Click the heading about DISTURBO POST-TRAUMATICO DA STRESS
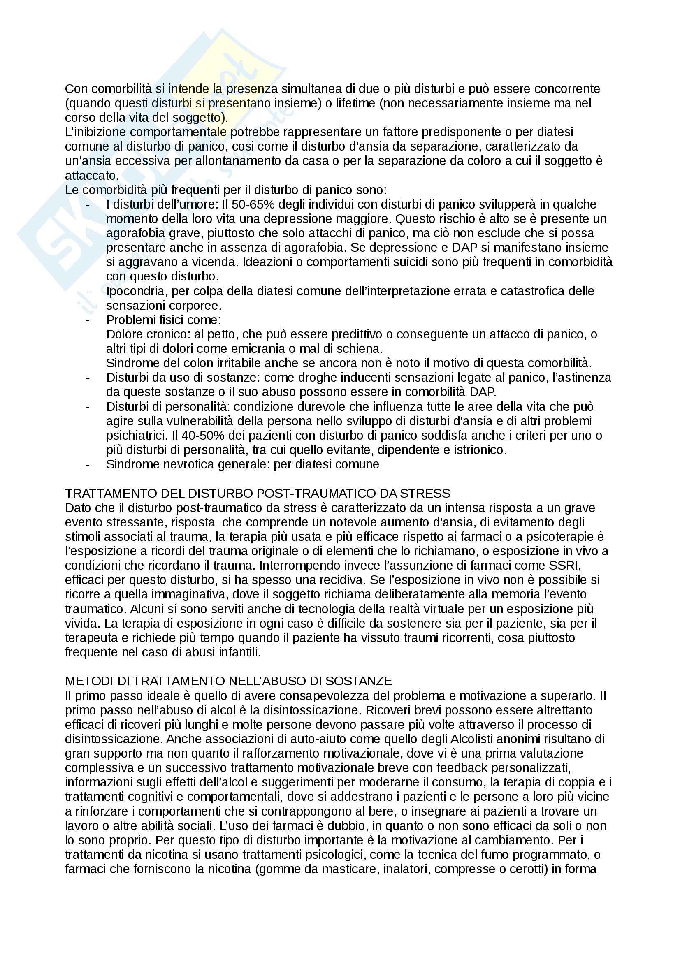(258, 493)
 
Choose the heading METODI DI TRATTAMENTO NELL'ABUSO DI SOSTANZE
(228, 681)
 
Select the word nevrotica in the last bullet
(188, 464)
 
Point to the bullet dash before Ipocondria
(88, 291)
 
